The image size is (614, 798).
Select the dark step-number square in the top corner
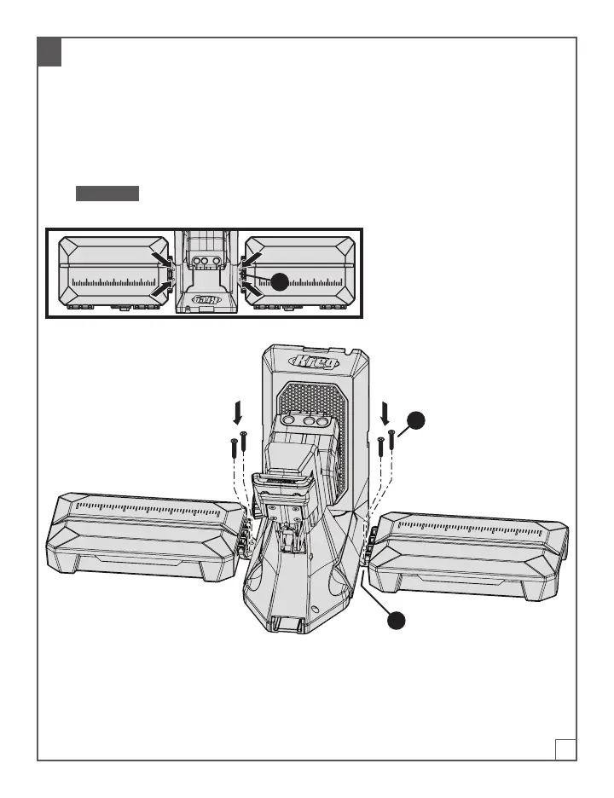click(x=49, y=53)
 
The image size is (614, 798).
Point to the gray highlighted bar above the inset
click(x=107, y=193)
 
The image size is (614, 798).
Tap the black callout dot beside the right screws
click(x=414, y=419)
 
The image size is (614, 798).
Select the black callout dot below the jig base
click(x=394, y=622)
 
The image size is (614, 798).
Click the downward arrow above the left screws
click(x=238, y=413)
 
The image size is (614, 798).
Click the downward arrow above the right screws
click(x=385, y=413)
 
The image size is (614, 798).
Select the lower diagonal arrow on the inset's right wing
click(x=252, y=291)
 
